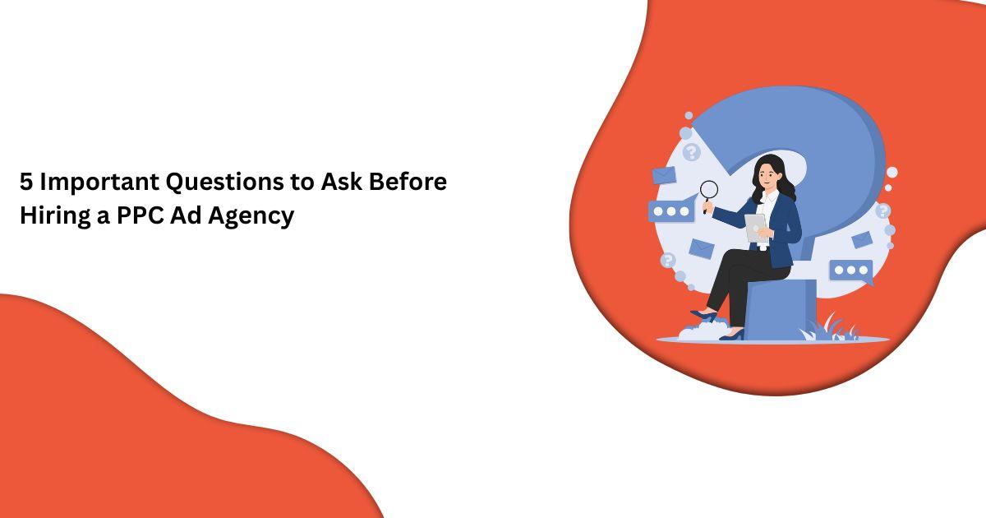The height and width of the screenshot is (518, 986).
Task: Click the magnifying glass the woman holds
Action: [x=707, y=192]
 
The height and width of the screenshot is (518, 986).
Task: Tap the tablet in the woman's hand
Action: [x=754, y=228]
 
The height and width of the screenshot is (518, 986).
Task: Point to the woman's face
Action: [x=766, y=174]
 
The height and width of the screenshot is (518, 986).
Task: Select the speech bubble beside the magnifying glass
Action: [x=671, y=211]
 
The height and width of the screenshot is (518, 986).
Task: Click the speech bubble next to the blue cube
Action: [x=850, y=271]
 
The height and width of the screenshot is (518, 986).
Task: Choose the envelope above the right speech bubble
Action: [x=861, y=239]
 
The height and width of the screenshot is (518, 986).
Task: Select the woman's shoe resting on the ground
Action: [x=731, y=334]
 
